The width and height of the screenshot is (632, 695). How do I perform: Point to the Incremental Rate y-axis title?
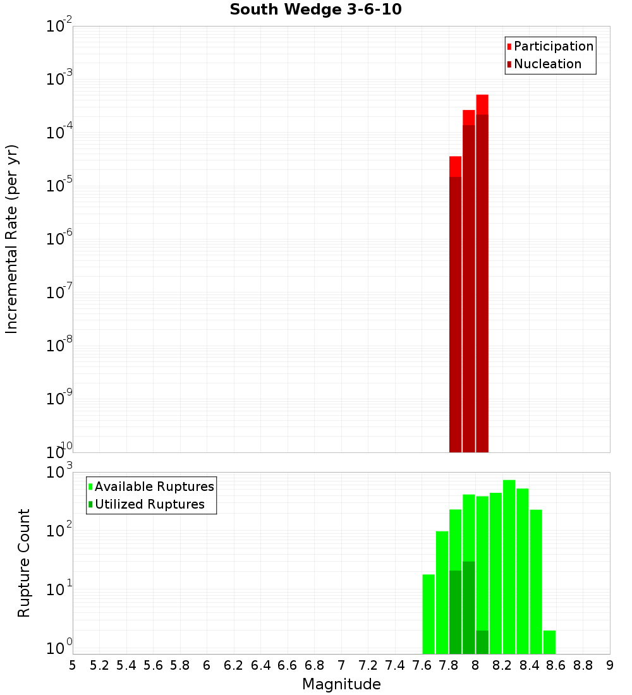tap(12, 239)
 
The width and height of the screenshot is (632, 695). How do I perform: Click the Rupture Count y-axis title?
tap(24, 562)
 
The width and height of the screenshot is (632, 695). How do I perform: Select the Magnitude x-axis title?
tap(341, 684)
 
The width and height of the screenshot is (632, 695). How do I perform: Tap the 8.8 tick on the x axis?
tap(583, 665)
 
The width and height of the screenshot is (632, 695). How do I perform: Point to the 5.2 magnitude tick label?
tap(99, 665)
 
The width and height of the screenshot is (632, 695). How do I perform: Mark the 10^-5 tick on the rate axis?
tap(60, 184)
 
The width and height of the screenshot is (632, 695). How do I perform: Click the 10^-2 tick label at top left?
tap(60, 25)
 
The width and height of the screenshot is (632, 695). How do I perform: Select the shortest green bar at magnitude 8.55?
tap(549, 642)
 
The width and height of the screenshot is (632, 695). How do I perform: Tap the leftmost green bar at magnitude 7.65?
tap(428, 614)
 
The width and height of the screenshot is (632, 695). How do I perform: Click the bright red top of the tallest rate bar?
tap(482, 104)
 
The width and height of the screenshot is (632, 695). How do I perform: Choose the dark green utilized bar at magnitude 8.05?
tap(482, 642)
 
